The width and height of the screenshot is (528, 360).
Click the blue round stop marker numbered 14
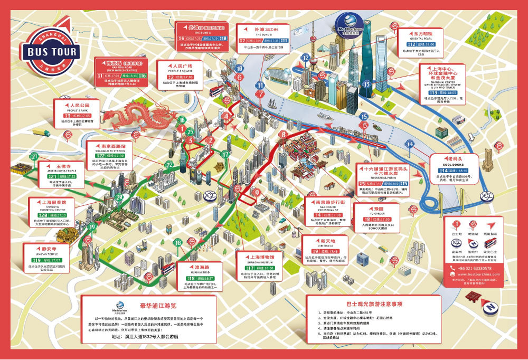click(410, 144)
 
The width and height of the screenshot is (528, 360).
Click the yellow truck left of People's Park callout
click(40, 132)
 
